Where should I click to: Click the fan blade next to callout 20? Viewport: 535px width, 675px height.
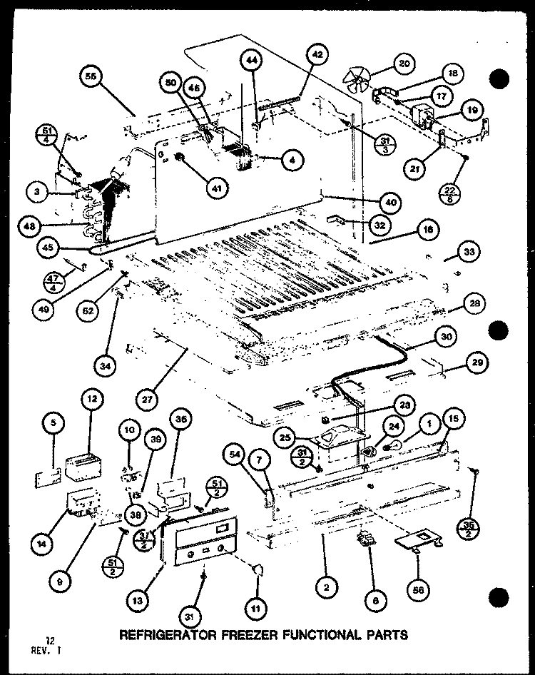click(x=356, y=77)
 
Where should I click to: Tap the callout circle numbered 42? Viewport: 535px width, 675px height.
click(x=317, y=54)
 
